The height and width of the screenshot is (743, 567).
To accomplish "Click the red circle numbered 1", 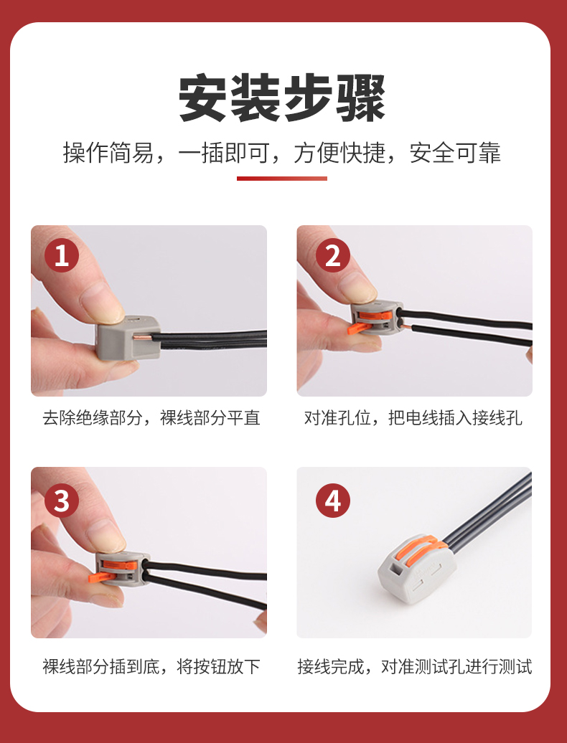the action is pos(62,255).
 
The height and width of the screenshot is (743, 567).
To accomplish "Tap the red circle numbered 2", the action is pos(333,255).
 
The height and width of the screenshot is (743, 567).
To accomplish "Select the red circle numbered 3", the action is pos(62,501).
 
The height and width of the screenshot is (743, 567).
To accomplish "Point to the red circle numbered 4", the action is pos(333,501).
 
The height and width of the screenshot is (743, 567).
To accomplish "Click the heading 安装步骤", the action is pos(282,98).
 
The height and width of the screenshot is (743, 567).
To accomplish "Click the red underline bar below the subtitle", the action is pos(282,179).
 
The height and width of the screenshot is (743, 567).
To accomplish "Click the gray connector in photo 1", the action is pos(128,337).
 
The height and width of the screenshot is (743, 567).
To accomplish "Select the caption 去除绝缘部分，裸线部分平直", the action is pos(151,418).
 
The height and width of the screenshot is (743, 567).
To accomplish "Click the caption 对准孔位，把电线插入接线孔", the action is pos(413,418).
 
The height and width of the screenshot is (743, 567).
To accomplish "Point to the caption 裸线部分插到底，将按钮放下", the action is pos(151,666).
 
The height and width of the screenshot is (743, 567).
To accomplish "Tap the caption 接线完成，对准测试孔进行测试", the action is pos(415,666).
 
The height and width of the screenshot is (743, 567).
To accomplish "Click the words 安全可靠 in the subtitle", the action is pos(455,153).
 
